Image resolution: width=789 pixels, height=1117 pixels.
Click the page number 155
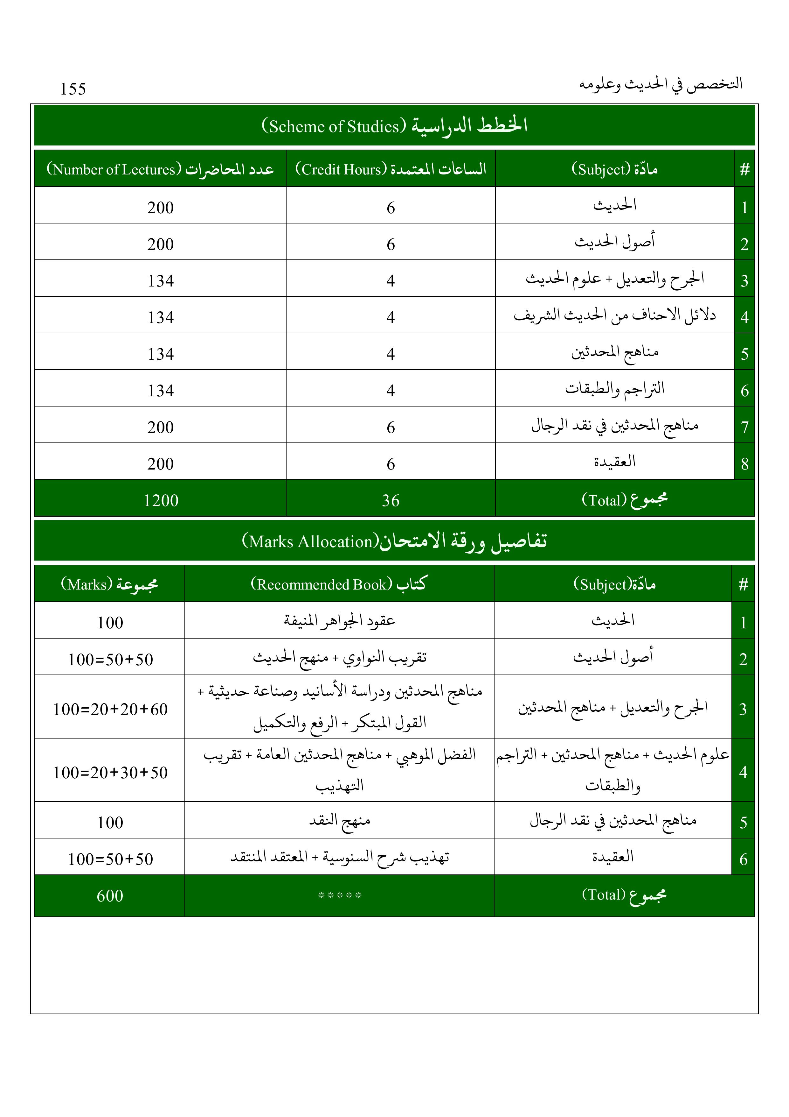(x=73, y=89)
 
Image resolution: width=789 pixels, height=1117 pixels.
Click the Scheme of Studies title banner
(x=394, y=125)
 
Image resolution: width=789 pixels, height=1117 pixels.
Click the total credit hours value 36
(x=391, y=500)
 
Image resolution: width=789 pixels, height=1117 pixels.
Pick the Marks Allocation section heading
(x=394, y=541)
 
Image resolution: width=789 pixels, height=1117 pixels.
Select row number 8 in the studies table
(x=744, y=463)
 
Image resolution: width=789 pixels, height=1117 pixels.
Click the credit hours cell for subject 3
(x=391, y=281)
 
